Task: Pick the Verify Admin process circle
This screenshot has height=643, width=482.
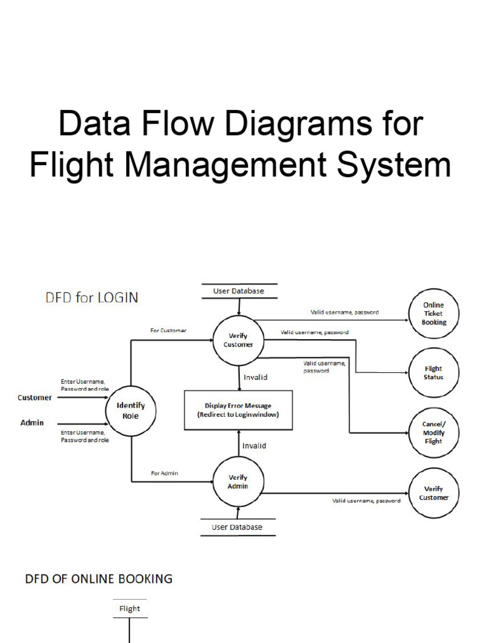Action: [x=238, y=482]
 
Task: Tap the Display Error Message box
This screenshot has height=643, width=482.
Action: [x=238, y=410]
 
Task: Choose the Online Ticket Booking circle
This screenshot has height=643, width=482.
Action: [x=434, y=313]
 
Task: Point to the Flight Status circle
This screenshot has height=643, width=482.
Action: [x=434, y=373]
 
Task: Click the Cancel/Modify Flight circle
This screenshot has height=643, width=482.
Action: [x=434, y=432]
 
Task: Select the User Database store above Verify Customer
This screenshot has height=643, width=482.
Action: [x=238, y=291]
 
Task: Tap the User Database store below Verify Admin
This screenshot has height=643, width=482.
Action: [x=237, y=527]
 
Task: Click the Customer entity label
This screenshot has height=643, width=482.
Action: [x=35, y=397]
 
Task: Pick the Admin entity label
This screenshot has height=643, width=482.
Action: [x=32, y=423]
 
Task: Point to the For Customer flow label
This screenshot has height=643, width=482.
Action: [x=168, y=330]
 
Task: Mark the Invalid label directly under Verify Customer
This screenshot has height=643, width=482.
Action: [x=255, y=377]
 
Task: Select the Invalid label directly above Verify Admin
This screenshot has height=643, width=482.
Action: [x=254, y=446]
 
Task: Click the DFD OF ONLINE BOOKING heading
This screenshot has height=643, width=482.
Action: [x=99, y=578]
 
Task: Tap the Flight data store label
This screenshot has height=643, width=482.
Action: [x=130, y=608]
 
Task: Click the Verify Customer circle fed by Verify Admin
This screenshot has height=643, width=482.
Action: [x=434, y=493]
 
